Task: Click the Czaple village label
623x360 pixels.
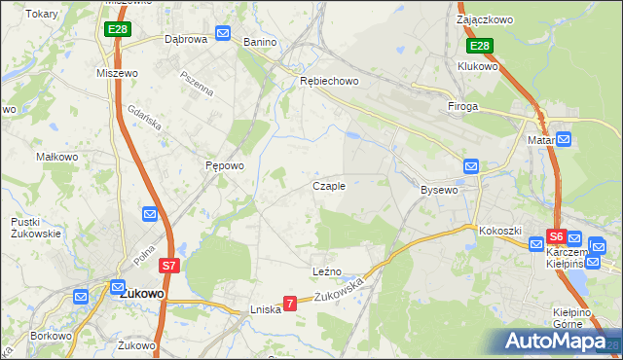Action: point(328,186)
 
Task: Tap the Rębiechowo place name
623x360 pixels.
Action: point(328,82)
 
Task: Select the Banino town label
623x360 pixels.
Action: point(261,43)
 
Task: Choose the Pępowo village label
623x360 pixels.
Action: point(224,165)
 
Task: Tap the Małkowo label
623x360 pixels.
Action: point(56,156)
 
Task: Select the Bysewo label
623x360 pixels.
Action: point(439,190)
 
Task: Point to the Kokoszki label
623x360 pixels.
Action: point(501,231)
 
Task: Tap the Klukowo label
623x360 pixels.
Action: point(478,66)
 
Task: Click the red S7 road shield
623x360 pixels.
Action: point(168,265)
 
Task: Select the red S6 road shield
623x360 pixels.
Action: point(556,235)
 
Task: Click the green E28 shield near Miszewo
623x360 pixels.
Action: point(117,29)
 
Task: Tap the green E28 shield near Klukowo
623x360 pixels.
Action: point(479,46)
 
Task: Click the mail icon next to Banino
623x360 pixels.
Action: point(223,34)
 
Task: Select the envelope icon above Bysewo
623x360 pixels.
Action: point(471,166)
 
